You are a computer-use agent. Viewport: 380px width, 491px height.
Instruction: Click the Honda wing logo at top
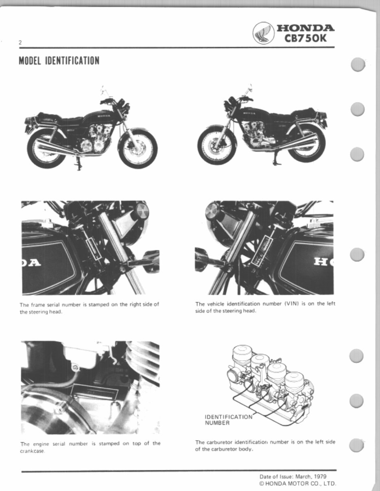click(263, 33)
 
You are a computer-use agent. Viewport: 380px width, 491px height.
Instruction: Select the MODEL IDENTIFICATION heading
click(59, 61)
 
